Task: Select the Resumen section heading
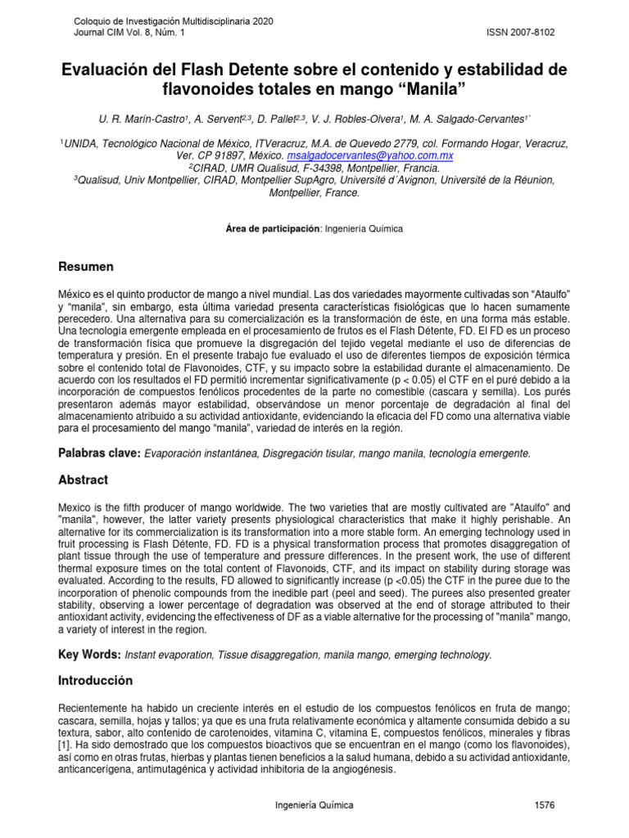click(86, 268)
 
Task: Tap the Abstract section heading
click(83, 480)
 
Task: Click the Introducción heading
click(95, 681)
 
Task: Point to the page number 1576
click(544, 805)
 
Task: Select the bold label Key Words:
click(90, 656)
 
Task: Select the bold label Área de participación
click(273, 229)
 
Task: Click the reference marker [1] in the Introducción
click(65, 746)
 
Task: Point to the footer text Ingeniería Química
click(314, 805)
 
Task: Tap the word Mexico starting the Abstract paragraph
click(75, 507)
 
